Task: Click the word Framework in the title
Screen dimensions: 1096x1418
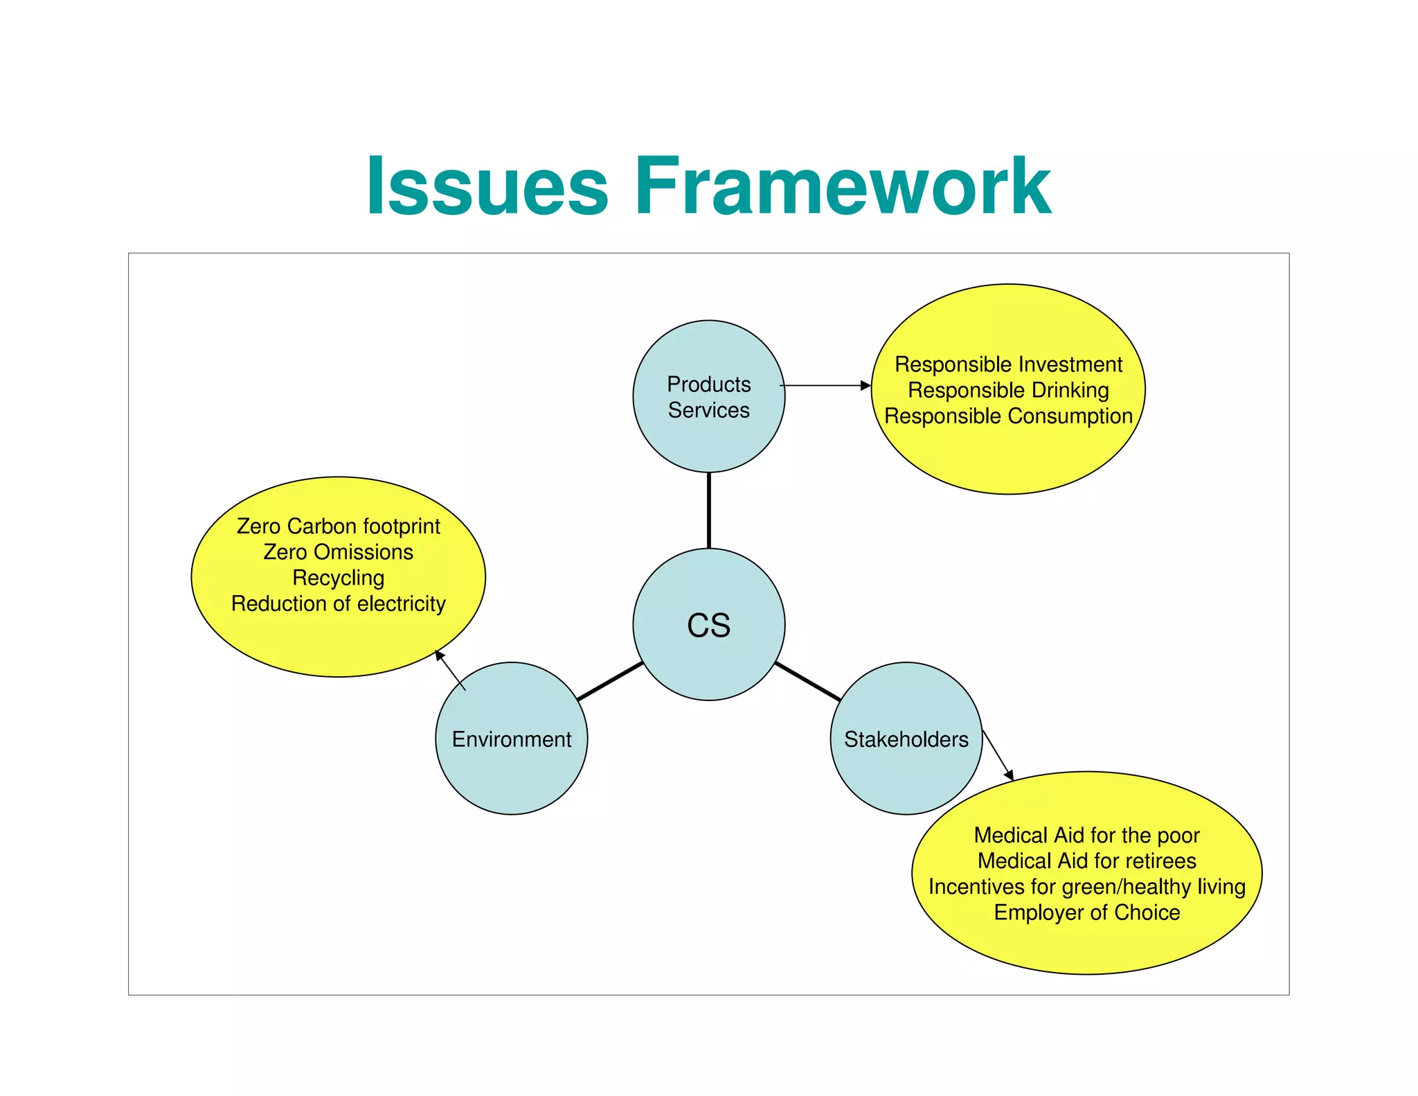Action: pos(843,186)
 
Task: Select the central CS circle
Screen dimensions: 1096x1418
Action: pos(708,624)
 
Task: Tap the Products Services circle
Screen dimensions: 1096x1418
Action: pos(708,397)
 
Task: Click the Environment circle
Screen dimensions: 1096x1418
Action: pos(511,739)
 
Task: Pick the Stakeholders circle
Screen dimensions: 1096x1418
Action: pos(906,739)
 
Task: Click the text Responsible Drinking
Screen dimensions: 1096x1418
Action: pos(1008,390)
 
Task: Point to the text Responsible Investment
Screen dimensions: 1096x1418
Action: pos(1008,364)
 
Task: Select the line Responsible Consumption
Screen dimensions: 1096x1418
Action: pos(1008,416)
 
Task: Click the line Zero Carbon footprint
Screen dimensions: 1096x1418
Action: pos(338,527)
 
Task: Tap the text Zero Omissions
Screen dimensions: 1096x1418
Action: pos(338,552)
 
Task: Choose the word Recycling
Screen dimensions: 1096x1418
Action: pos(338,578)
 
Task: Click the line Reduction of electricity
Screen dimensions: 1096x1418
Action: pos(338,603)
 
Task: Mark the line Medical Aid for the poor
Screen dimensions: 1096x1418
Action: pos(1086,835)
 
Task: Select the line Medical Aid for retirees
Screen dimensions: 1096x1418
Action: pos(1086,860)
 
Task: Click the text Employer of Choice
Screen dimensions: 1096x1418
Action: pos(1086,912)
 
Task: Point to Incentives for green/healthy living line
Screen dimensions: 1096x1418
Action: pos(1086,887)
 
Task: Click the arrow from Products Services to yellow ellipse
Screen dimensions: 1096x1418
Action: pos(824,385)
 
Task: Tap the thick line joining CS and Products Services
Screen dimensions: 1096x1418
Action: pos(708,510)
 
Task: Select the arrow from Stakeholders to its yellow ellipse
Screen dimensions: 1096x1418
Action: pos(998,755)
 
